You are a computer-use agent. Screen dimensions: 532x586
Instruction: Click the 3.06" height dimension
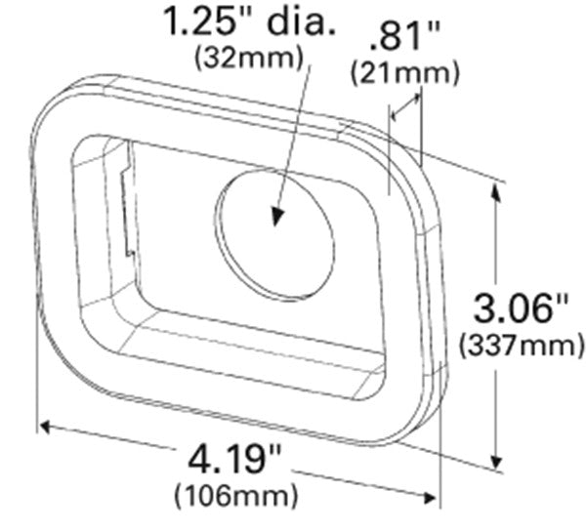[x=522, y=310]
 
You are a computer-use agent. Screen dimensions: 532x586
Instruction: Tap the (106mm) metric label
[x=234, y=496]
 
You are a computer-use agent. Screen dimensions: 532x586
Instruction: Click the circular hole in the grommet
[x=274, y=235]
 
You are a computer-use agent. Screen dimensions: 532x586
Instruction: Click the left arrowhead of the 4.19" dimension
[x=46, y=426]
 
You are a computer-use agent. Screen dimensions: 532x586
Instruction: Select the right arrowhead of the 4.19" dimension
[x=432, y=496]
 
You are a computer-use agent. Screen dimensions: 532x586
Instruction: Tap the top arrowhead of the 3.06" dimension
[x=500, y=186]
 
